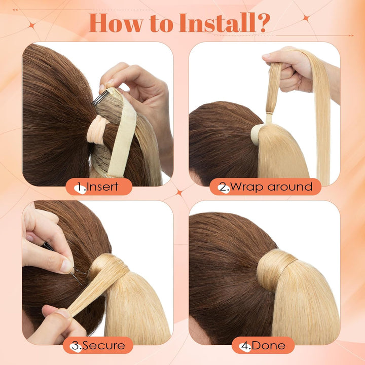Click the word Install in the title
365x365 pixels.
pos(217,23)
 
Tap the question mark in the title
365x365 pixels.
pos(264,23)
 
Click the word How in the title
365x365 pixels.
pos(116,23)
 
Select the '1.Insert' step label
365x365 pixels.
pos(99,187)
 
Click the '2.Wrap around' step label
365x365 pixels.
pos(265,187)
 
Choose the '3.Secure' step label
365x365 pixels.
pos(98,345)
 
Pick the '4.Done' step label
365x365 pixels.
pos(263,345)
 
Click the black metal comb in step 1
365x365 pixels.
pos(100,98)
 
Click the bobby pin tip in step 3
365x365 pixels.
pos(82,284)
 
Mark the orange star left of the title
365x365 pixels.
pos(32,25)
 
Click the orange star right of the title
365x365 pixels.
pos(306,18)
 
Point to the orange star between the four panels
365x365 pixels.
pos(179,193)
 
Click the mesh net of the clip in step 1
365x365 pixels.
pos(109,112)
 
